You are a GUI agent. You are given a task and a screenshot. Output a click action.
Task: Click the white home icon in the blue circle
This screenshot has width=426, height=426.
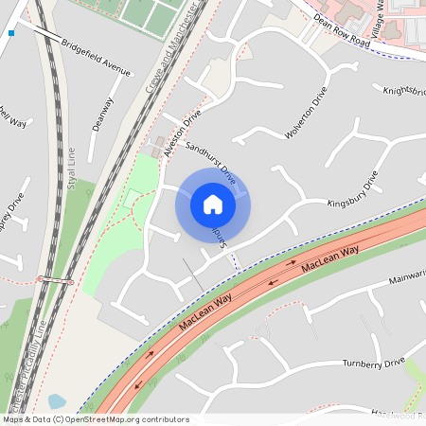(213, 204)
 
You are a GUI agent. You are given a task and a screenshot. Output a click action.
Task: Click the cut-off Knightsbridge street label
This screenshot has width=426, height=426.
(405, 92)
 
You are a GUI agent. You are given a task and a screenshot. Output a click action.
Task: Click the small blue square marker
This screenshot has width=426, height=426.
(11, 33)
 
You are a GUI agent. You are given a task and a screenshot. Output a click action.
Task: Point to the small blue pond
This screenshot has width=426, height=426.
(56, 401)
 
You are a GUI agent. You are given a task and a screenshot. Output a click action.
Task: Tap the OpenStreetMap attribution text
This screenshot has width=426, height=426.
(95, 419)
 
